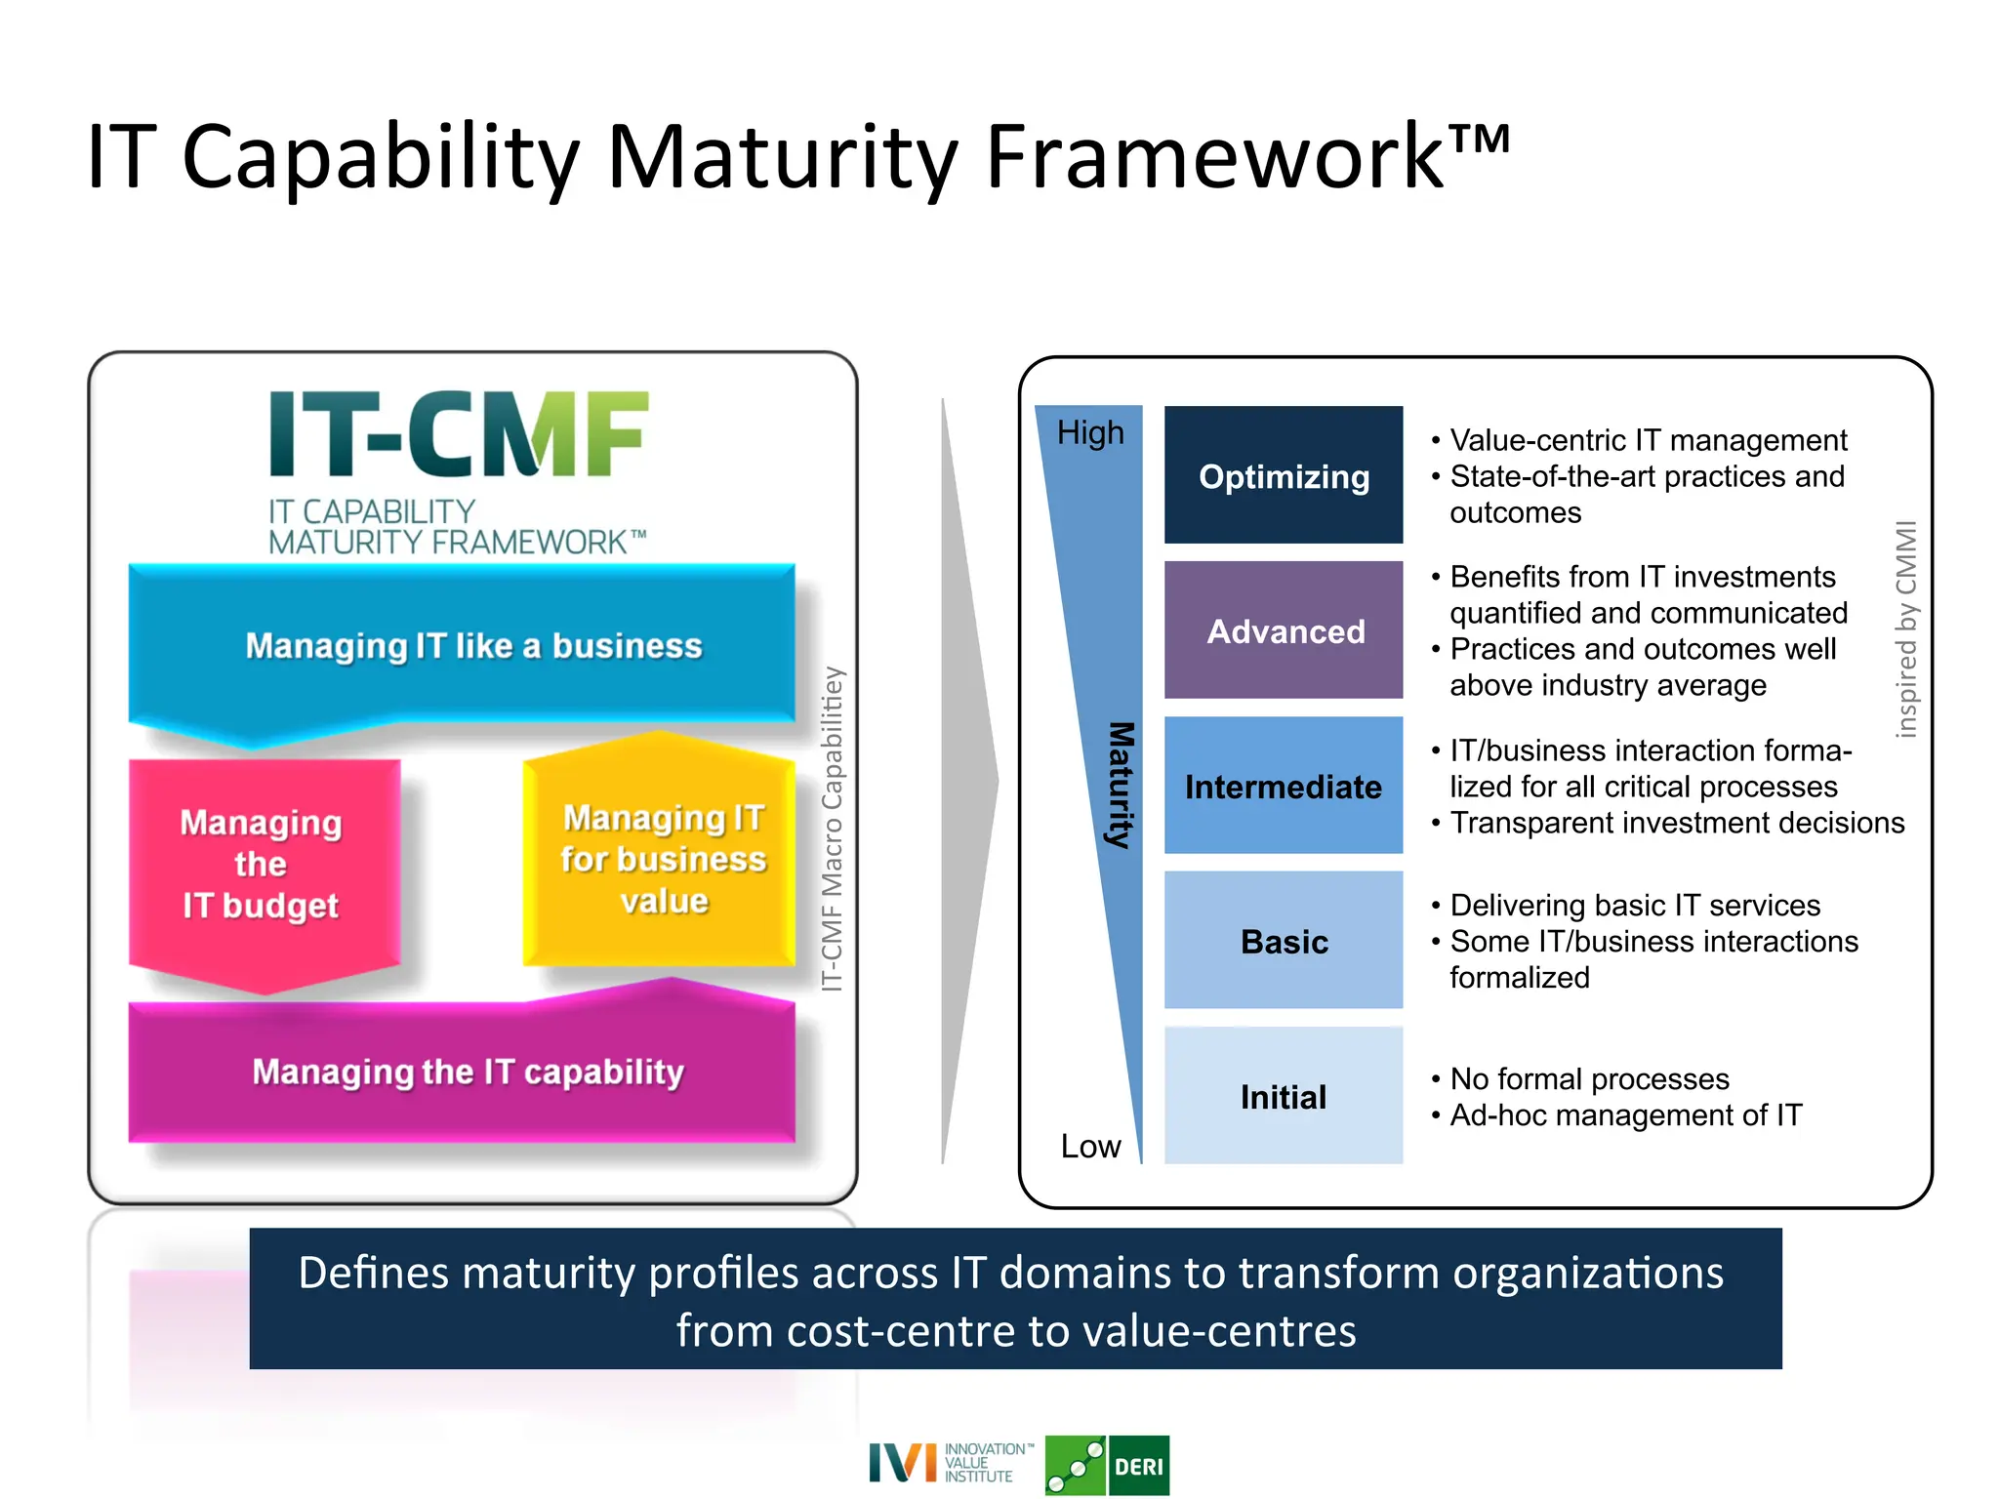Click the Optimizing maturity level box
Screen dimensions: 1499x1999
[1283, 475]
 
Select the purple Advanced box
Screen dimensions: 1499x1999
[1283, 630]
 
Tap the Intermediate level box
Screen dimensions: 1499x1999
[1283, 786]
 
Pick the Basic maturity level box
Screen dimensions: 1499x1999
[1283, 941]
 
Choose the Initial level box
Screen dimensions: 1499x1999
[1283, 1096]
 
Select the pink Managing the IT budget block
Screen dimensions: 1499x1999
[261, 865]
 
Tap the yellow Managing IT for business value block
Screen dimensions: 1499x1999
[663, 859]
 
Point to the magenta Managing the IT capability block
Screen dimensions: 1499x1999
[468, 1072]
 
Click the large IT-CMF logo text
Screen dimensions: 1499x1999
[457, 434]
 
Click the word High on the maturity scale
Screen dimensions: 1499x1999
[1090, 432]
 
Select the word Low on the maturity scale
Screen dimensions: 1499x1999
[1090, 1146]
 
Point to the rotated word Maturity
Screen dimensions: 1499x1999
[1121, 785]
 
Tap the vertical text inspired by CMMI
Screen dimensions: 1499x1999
[1905, 629]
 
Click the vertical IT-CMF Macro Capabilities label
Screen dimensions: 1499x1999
[832, 830]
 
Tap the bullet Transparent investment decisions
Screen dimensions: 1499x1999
[1676, 823]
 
